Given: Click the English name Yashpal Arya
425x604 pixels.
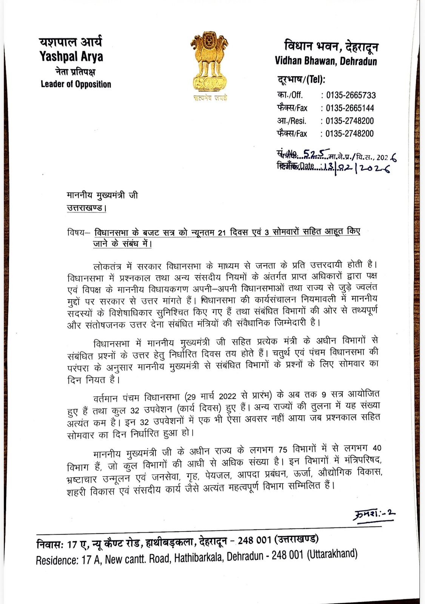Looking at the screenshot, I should pos(71,57).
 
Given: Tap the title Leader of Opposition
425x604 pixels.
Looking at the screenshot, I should pos(76,84).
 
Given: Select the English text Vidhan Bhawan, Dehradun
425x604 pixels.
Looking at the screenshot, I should pos(326,61).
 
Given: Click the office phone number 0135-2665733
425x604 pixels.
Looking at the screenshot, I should pos(351,95).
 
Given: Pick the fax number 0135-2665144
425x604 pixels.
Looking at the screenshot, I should pos(350,108).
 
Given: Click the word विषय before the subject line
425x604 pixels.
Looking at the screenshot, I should pos(77,233).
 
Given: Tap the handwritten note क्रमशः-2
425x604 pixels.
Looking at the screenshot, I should pos(375,514).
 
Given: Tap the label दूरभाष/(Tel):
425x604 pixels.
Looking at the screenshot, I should pos(301,80).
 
